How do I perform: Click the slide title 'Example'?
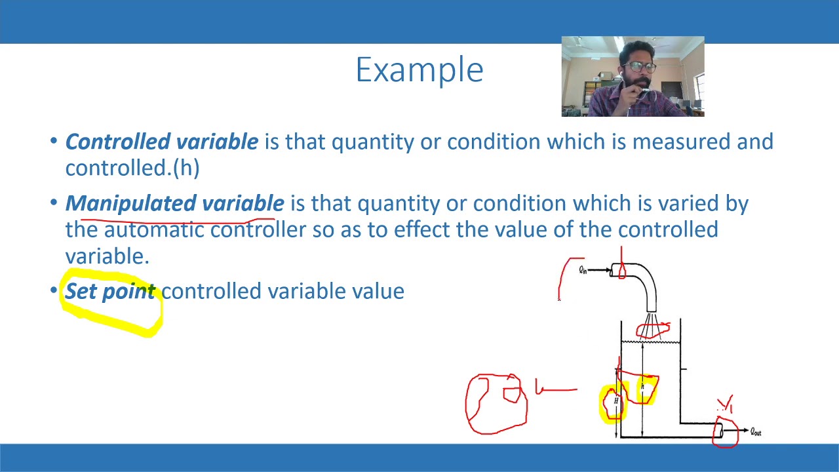pos(419,69)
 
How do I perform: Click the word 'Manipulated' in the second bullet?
pos(130,204)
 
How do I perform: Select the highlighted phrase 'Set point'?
pos(110,291)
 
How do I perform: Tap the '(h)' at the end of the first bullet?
pos(186,168)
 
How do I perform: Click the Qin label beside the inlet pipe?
pos(583,269)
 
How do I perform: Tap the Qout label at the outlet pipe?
pos(755,432)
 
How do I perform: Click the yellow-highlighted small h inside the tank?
pos(644,388)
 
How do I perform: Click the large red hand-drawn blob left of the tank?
pos(496,404)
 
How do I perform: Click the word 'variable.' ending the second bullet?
pos(107,256)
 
